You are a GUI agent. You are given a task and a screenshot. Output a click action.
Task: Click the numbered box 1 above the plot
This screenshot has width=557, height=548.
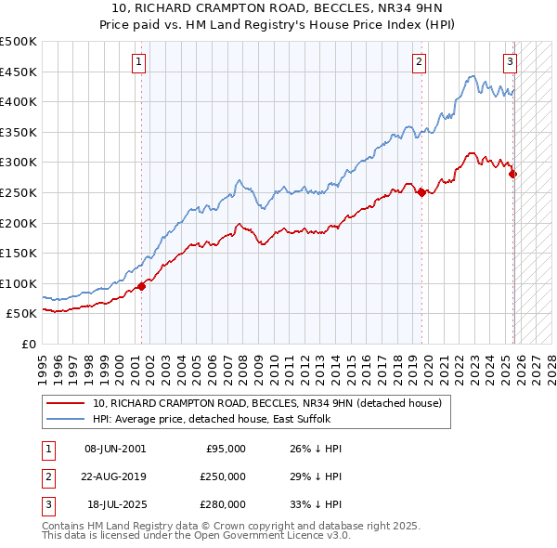(x=137, y=62)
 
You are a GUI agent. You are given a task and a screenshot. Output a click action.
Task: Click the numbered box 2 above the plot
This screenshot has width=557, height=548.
(x=419, y=62)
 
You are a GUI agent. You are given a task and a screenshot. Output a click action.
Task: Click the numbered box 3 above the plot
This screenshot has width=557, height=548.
(x=510, y=62)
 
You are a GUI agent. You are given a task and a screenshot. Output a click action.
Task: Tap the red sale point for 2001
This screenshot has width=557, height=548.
(x=141, y=286)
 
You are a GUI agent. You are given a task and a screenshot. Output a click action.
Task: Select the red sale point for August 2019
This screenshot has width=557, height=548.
(x=421, y=192)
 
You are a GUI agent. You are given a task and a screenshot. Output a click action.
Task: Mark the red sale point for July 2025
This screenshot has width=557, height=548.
(x=512, y=174)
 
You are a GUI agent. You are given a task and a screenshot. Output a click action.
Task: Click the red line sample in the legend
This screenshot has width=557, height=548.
(x=66, y=403)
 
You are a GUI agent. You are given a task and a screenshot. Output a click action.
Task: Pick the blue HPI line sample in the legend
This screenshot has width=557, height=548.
(x=66, y=419)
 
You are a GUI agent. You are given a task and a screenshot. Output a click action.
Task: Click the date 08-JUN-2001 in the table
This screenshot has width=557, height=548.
(x=115, y=449)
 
